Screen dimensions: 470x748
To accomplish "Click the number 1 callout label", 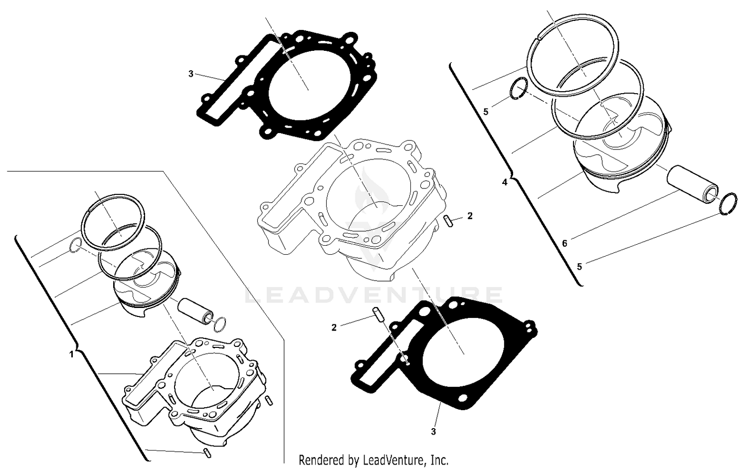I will [71, 354].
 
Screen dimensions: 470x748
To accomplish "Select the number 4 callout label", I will [505, 182].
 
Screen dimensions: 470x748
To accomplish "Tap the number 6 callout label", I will [564, 244].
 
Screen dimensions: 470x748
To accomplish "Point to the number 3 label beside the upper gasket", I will [190, 74].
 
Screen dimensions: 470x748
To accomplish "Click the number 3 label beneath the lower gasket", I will [433, 432].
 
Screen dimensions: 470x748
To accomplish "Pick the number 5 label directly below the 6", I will [579, 267].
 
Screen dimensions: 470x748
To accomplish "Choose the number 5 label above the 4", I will [486, 112].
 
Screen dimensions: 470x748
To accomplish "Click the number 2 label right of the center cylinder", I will [470, 216].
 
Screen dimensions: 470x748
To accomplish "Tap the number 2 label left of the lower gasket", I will [334, 327].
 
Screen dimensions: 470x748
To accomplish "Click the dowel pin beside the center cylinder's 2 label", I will [448, 221].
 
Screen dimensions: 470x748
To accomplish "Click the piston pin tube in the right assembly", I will [693, 185].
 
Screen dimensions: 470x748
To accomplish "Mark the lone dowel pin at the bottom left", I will [206, 453].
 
